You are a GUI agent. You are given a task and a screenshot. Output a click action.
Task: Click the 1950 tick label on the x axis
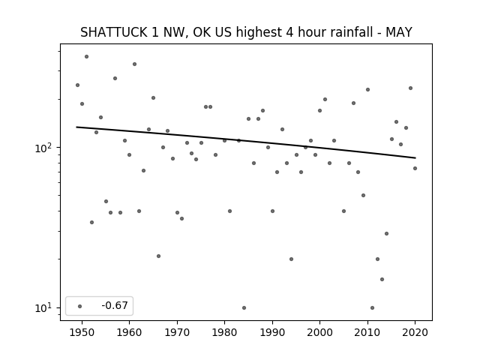click(82, 332)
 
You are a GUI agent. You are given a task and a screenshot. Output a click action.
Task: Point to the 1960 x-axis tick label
click(129, 332)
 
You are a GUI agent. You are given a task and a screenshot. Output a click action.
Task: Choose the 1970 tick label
click(177, 332)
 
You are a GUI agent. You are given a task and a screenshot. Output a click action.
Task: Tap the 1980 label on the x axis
click(224, 332)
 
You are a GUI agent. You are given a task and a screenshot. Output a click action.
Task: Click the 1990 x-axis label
click(272, 332)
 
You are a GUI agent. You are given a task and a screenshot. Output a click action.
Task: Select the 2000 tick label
click(319, 332)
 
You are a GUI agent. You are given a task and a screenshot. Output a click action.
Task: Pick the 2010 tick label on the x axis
click(367, 332)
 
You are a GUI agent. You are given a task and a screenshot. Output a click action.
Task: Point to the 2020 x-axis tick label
click(415, 332)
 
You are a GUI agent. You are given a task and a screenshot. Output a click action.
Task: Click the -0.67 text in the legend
click(115, 305)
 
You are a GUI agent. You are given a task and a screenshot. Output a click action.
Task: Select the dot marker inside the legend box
click(80, 306)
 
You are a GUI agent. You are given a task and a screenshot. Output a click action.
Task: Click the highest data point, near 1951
click(87, 57)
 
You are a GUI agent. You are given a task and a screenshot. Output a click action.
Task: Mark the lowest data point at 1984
click(244, 308)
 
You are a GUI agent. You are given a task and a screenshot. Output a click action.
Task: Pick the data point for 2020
click(415, 168)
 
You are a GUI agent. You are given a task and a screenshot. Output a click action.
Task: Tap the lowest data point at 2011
click(372, 308)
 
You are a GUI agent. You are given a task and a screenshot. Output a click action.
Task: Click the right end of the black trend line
click(415, 158)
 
